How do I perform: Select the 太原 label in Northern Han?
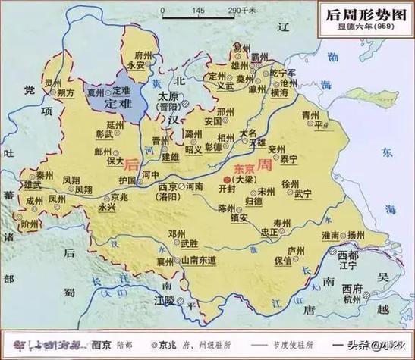pyautogui.click(x=168, y=97)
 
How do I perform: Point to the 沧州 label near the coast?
pyautogui.click(x=288, y=81)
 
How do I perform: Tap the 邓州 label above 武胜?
pyautogui.click(x=177, y=235)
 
